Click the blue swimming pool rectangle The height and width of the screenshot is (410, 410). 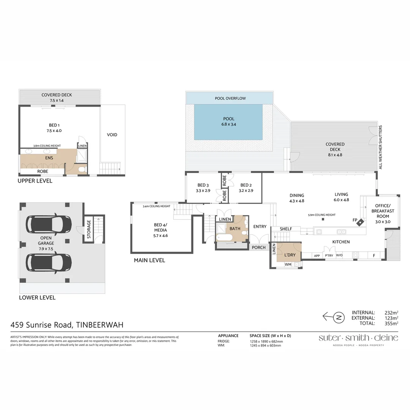pos(229,121)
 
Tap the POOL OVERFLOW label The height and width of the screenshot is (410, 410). pos(230,98)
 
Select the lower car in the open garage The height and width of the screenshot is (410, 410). pos(48,262)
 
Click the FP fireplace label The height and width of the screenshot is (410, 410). pos(355,220)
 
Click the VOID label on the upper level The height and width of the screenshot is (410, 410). pos(112,135)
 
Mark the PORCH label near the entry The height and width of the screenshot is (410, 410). pos(259,248)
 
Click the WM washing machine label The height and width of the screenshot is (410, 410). pos(288,264)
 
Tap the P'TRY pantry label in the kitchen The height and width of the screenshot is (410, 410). pos(328,255)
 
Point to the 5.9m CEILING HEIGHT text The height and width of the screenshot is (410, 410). pos(322,215)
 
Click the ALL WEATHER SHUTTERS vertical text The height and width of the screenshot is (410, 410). pos(381,147)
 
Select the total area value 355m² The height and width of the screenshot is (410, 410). pos(391,323)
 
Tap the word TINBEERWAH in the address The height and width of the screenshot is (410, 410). pos(100,325)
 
